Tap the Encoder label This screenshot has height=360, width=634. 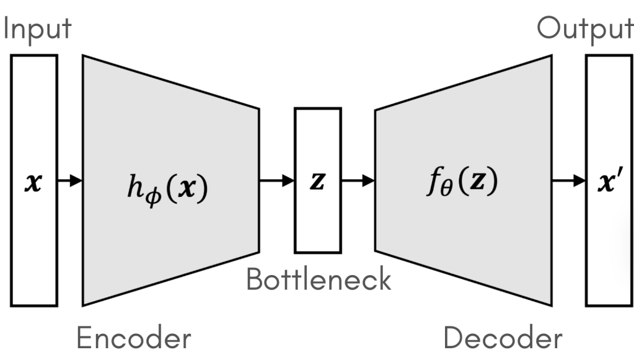(133, 338)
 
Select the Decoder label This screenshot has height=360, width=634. (503, 338)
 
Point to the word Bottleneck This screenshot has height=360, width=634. (319, 279)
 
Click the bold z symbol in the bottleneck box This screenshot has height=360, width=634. (317, 182)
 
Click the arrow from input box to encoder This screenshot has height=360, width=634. (70, 181)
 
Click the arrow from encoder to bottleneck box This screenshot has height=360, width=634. (276, 181)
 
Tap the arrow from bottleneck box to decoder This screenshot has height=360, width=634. (358, 181)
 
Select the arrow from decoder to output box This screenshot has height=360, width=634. (569, 181)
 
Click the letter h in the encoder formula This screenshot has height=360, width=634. (133, 183)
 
